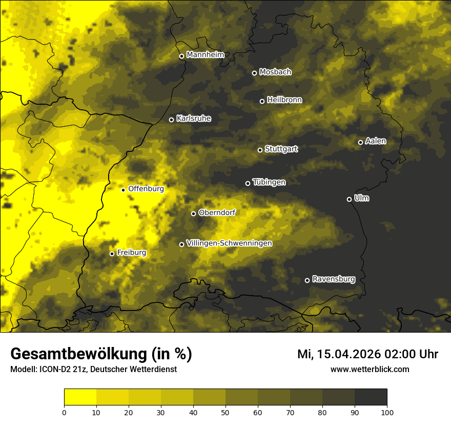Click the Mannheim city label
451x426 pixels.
click(x=206, y=55)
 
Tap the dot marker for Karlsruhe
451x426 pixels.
click(x=172, y=120)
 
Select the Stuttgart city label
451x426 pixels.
click(x=281, y=149)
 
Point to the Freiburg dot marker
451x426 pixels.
click(x=112, y=254)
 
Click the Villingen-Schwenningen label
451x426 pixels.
click(x=229, y=243)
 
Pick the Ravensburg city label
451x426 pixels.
click(x=333, y=279)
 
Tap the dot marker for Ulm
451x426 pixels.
click(x=350, y=199)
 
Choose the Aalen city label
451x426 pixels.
click(x=375, y=141)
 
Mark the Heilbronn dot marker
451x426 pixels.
click(x=262, y=101)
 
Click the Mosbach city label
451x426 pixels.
click(x=275, y=72)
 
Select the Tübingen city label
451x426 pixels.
click(x=269, y=182)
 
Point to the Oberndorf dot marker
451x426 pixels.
click(x=194, y=214)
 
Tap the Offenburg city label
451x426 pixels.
click(x=146, y=188)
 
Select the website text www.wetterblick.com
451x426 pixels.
click(x=370, y=369)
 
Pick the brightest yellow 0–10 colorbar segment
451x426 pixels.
click(x=80, y=397)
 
